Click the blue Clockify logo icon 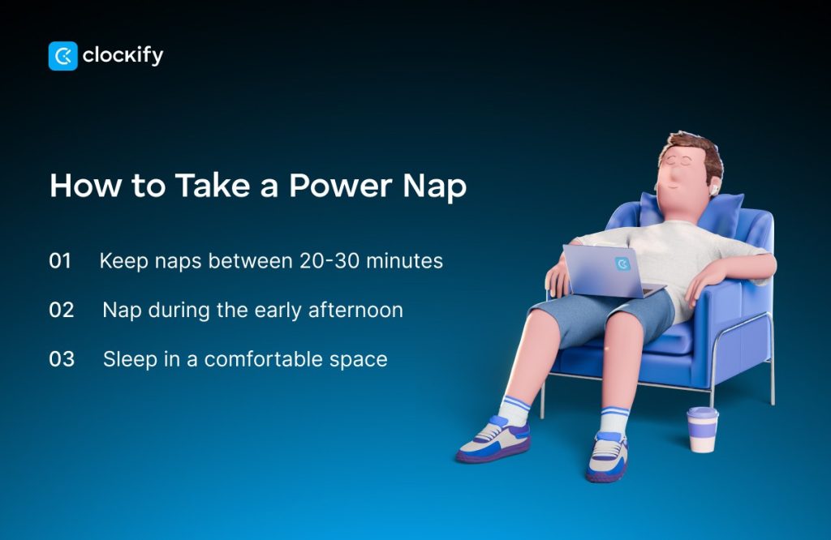pyautogui.click(x=63, y=56)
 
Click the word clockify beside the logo pyautogui.click(x=123, y=55)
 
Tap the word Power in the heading pyautogui.click(x=340, y=186)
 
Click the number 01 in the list pyautogui.click(x=60, y=260)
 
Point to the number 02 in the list pyautogui.click(x=62, y=310)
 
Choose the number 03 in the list pyautogui.click(x=62, y=359)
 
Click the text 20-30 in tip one pyautogui.click(x=329, y=260)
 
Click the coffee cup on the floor pyautogui.click(x=703, y=430)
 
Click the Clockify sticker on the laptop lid pyautogui.click(x=622, y=264)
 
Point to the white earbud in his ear pyautogui.click(x=714, y=187)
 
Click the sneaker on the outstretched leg pyautogui.click(x=493, y=439)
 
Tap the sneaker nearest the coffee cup pyautogui.click(x=607, y=456)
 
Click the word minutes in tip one pyautogui.click(x=404, y=260)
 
